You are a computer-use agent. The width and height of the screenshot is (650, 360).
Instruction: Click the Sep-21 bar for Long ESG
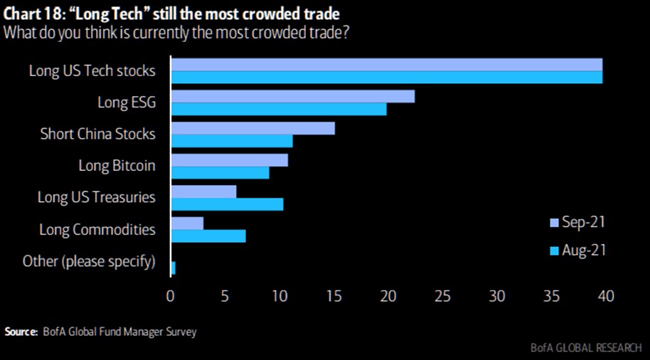[292, 96]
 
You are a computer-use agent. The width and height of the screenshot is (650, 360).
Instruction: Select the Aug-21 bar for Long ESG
[278, 109]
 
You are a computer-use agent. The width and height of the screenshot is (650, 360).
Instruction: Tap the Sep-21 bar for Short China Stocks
[252, 128]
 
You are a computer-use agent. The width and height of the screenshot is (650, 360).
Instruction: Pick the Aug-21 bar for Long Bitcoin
[220, 172]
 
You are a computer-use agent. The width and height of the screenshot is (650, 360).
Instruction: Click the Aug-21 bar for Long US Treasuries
[227, 204]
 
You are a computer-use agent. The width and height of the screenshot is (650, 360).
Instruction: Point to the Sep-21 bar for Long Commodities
[187, 223]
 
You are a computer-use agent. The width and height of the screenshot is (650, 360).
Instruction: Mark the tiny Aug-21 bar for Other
[173, 268]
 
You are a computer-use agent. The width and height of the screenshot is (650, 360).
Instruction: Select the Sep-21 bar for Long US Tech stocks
[386, 64]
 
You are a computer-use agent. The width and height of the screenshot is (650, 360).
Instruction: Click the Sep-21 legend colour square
[555, 223]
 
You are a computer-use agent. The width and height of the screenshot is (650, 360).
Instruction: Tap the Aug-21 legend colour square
[555, 250]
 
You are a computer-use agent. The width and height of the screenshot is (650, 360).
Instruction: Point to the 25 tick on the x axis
[442, 295]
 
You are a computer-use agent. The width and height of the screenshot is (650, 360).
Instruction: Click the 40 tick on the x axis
[605, 295]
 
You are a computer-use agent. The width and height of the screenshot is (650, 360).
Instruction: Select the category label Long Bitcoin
[117, 166]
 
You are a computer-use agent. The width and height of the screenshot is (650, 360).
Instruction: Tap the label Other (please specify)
[89, 261]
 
